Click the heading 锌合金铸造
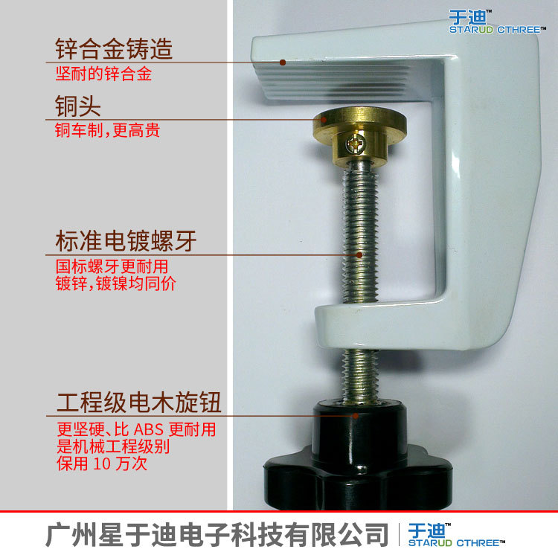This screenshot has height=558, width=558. [x=114, y=49]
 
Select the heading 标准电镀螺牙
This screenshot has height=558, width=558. [x=131, y=241]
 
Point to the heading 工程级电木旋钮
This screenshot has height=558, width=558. [x=139, y=404]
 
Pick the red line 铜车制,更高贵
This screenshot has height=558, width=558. [x=108, y=131]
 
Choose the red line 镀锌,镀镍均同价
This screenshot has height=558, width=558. [x=116, y=283]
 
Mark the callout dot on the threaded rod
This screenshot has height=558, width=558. [x=359, y=254]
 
